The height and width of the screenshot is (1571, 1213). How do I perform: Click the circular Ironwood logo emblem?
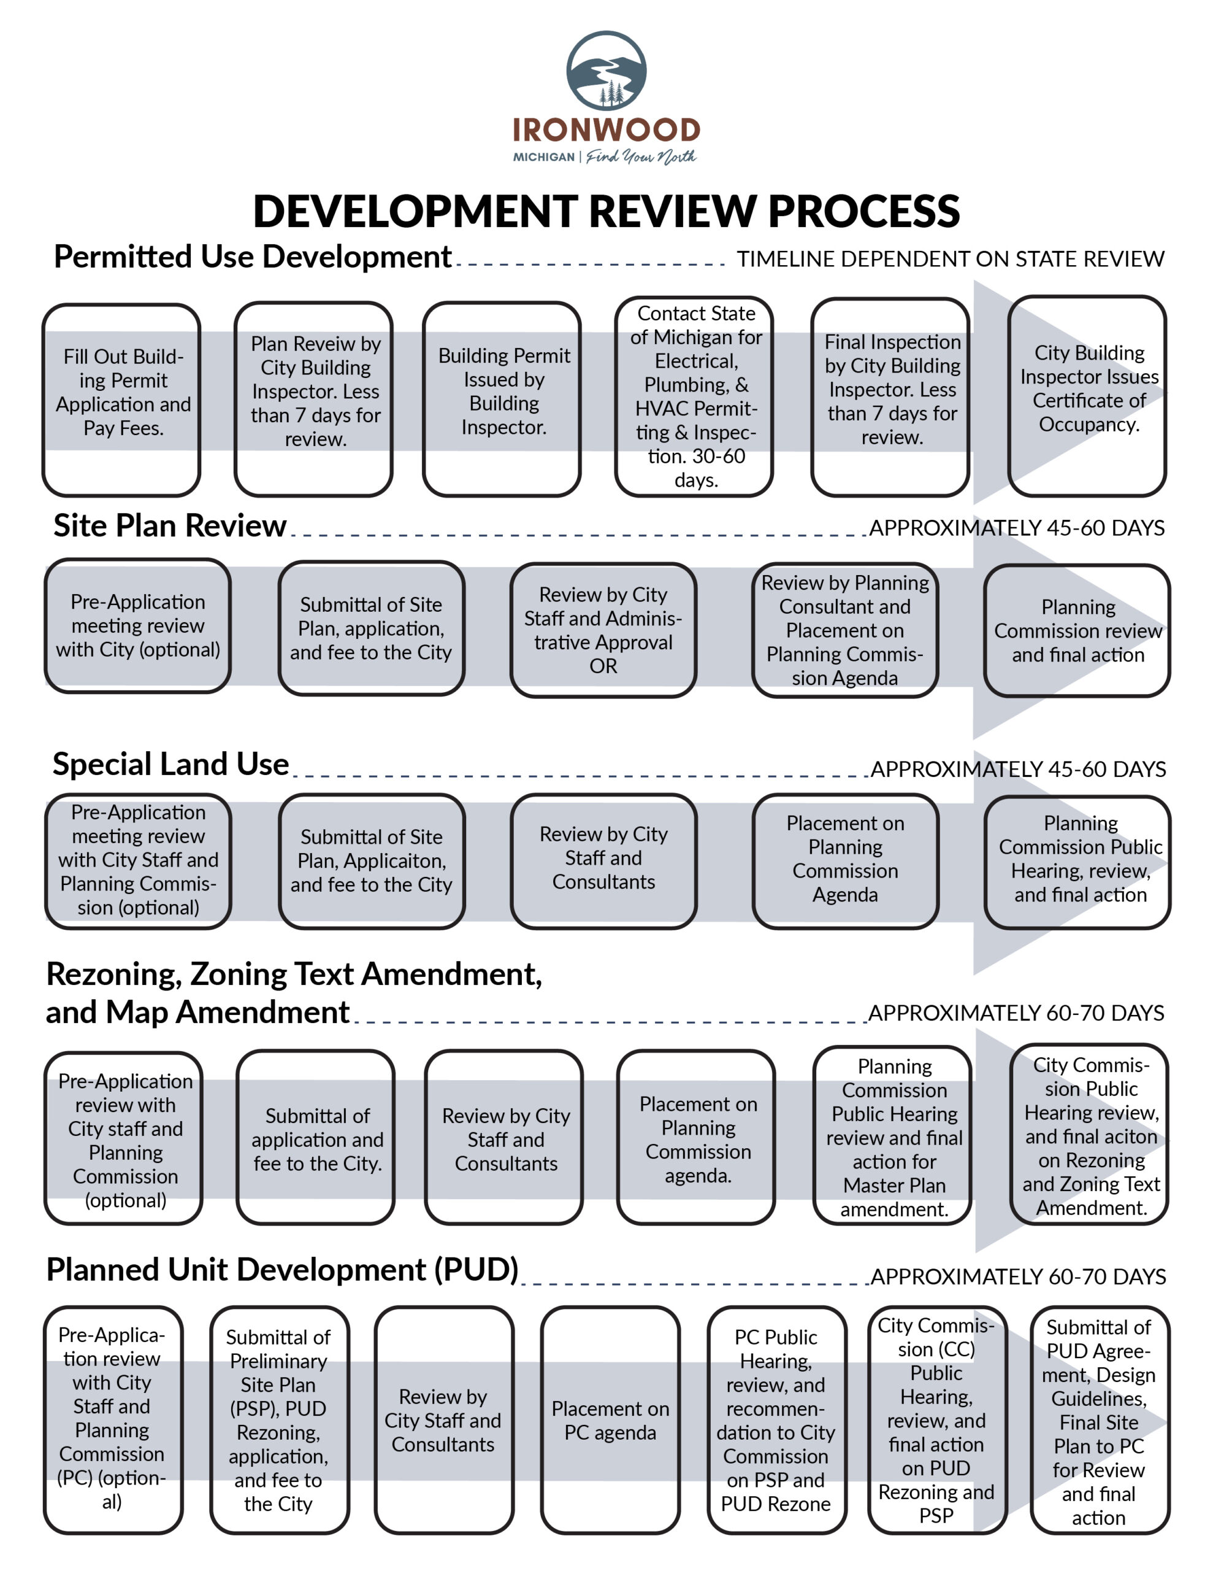click(x=606, y=71)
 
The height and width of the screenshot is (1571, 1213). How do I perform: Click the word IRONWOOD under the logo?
click(x=606, y=130)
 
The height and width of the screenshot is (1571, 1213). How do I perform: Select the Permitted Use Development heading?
click(x=253, y=257)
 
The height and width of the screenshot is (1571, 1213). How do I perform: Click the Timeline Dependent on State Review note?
click(x=951, y=259)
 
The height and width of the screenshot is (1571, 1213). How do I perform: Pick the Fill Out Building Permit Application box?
click(x=121, y=400)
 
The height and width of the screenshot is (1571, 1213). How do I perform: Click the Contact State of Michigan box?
click(x=694, y=396)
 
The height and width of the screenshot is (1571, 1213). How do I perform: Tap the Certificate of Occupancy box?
click(x=1087, y=396)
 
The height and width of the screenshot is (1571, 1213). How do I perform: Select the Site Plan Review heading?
click(x=170, y=526)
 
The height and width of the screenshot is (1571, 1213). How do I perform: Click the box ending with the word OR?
click(x=603, y=630)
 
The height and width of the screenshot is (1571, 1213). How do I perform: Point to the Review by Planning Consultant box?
click(x=845, y=630)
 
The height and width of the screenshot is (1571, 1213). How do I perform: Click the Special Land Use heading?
click(x=170, y=764)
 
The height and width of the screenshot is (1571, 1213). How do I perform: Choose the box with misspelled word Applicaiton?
click(x=372, y=861)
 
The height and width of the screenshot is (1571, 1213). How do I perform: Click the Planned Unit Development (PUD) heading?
click(x=283, y=1270)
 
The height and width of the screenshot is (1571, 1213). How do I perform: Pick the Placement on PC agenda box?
click(x=610, y=1421)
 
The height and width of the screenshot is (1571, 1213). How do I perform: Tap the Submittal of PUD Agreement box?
click(x=1100, y=1421)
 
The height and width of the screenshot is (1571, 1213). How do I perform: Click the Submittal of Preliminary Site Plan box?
click(x=280, y=1421)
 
